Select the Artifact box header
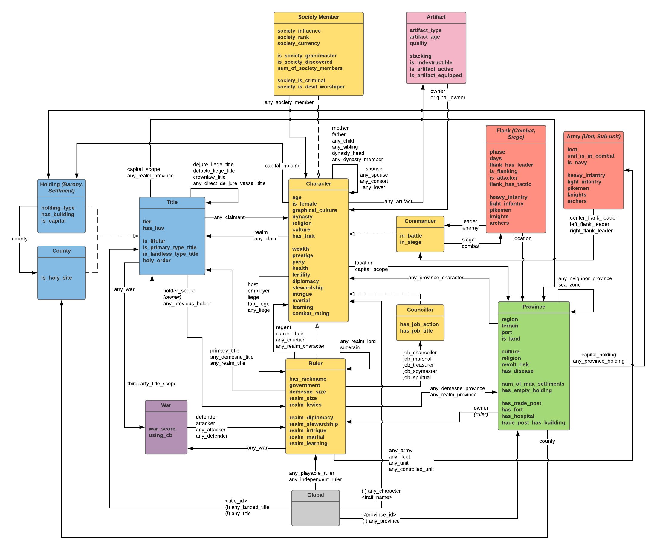[x=436, y=17]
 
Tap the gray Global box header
[x=315, y=495]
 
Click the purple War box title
[x=166, y=405]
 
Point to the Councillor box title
[x=420, y=310]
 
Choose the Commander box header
[x=420, y=221]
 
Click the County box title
[x=61, y=251]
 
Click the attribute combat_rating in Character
[x=310, y=313]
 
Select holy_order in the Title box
[x=156, y=260]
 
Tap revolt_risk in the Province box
[x=515, y=364]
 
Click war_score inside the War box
[x=162, y=429]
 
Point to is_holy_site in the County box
[x=56, y=278]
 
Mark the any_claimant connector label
[x=229, y=217]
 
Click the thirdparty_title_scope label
[x=152, y=384]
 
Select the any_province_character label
[x=436, y=278]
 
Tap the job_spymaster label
[x=420, y=371]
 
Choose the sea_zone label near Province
[x=569, y=284]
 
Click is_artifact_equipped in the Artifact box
[x=436, y=75]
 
